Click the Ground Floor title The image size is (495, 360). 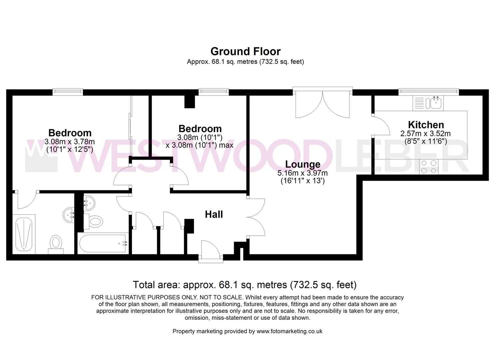pos(245,51)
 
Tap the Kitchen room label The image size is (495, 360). pos(426,125)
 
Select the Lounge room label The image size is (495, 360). pos(303,164)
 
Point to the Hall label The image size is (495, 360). pos(214,214)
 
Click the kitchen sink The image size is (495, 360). pos(428,103)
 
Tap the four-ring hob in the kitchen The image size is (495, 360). pos(429,167)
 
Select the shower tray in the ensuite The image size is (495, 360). pos(24,234)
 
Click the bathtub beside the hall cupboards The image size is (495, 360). pos(103,243)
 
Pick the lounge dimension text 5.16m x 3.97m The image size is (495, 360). pos(303,173)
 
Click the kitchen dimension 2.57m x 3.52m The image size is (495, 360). pos(426,133)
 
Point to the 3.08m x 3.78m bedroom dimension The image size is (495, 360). pos(70,141)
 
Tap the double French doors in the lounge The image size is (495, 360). pos(323,103)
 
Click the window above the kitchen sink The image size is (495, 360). pos(429,91)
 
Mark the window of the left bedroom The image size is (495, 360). pos(68,92)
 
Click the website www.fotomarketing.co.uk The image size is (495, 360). pos(289,331)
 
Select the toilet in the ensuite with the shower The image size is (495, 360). pos(56,245)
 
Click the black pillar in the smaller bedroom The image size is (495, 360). pos(190,102)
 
